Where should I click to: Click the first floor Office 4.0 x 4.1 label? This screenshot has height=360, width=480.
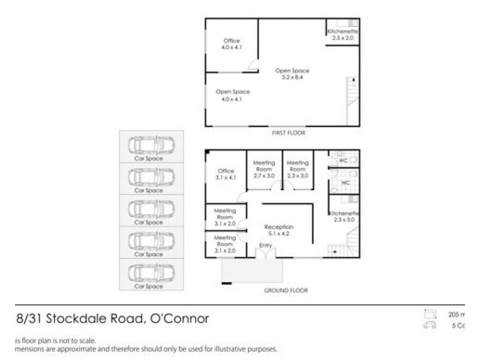(x=232, y=44)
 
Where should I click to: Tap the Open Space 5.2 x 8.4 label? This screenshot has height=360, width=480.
(x=292, y=74)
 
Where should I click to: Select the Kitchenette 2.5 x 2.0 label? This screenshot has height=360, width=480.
(x=343, y=34)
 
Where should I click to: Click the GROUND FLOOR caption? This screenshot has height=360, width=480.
(x=286, y=290)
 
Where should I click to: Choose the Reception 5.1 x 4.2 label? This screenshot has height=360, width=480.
(x=280, y=230)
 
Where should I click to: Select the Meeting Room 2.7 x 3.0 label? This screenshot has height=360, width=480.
(x=264, y=169)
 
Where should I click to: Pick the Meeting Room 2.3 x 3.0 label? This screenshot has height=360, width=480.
(x=298, y=169)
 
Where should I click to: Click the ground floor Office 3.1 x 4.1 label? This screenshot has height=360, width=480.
(x=226, y=174)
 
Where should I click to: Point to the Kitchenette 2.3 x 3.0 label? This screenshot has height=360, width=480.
(x=344, y=217)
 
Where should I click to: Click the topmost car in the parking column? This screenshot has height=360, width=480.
(x=152, y=145)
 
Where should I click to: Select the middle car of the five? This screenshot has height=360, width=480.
(x=152, y=208)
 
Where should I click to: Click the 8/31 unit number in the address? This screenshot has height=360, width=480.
(x=28, y=319)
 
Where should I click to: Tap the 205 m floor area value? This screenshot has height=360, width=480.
(x=457, y=314)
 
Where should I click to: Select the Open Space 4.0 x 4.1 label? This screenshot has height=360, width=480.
(x=232, y=95)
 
